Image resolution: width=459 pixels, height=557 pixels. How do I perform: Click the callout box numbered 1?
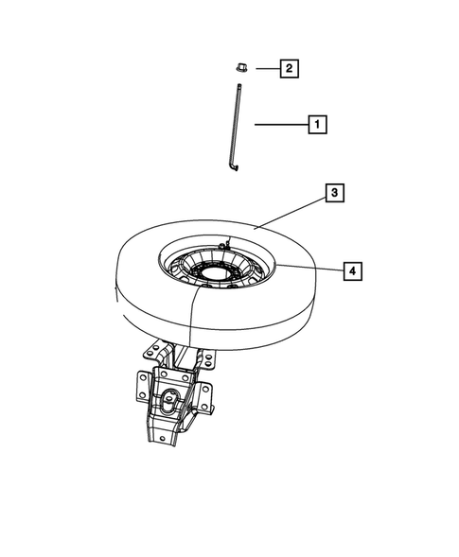click(x=317, y=123)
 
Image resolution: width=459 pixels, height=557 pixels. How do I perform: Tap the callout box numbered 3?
click(x=333, y=194)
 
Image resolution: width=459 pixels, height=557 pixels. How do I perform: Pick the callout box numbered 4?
click(x=350, y=271)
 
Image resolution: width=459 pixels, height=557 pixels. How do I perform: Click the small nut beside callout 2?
click(x=239, y=68)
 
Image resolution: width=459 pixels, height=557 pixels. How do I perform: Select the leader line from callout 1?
click(x=279, y=123)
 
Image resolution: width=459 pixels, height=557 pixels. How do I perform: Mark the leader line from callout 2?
click(x=266, y=68)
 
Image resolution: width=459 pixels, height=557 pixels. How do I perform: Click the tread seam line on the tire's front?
click(x=192, y=317)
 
